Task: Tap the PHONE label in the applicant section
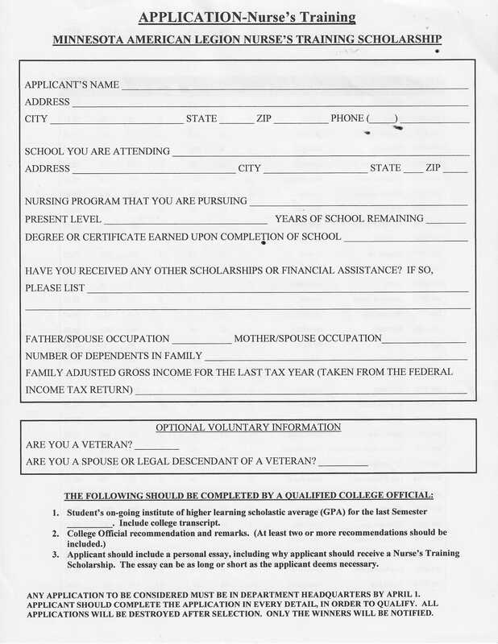(347, 119)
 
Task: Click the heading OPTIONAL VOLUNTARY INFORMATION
(248, 427)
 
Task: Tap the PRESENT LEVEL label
(63, 219)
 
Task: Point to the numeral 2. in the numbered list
(54, 533)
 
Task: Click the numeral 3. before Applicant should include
(54, 555)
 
